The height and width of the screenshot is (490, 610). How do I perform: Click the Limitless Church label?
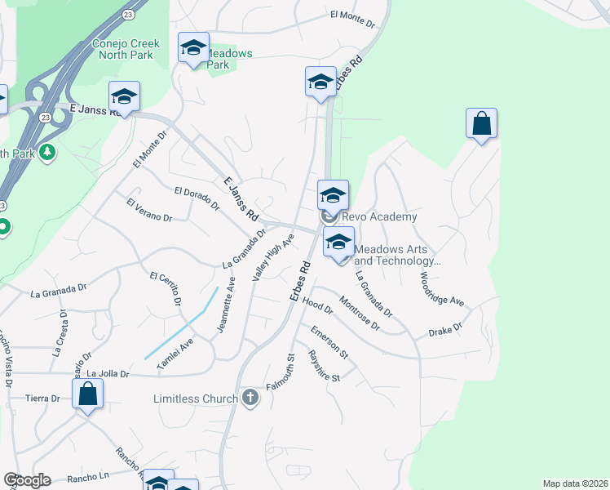coord(196,399)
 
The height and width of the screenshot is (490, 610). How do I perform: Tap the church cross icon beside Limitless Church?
coord(250,399)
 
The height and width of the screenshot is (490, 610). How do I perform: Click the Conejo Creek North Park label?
coord(126,49)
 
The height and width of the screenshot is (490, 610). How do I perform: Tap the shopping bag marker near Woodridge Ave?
coord(482,124)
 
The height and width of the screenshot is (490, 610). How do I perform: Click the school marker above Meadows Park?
coord(193,49)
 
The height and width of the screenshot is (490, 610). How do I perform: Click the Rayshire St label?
coord(324,365)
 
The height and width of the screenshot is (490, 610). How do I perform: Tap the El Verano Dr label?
coord(149,211)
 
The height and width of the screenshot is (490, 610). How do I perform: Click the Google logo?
coord(27,480)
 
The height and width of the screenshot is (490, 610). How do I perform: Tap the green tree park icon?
coord(47,152)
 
